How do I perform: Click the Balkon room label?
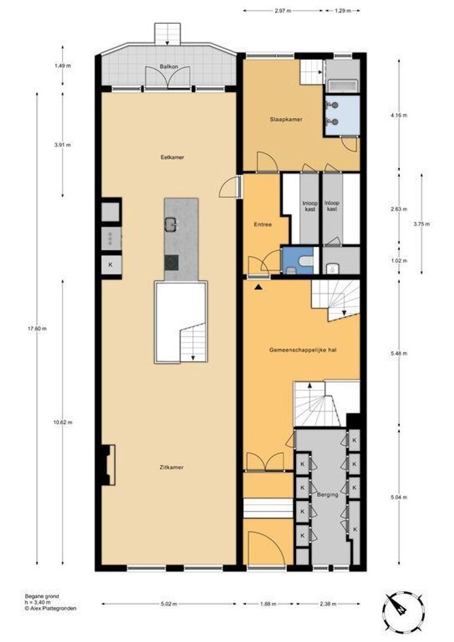pyautogui.click(x=168, y=67)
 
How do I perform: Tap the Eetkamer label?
pyautogui.click(x=172, y=157)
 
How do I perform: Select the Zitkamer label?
pyautogui.click(x=172, y=467)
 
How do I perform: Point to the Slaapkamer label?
pyautogui.click(x=286, y=119)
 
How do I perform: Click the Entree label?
pyautogui.click(x=263, y=224)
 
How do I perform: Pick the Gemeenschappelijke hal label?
pyautogui.click(x=303, y=350)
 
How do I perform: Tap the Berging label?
pyautogui.click(x=328, y=495)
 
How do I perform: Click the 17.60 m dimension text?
pyautogui.click(x=37, y=328)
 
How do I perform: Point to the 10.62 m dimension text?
pyautogui.click(x=62, y=422)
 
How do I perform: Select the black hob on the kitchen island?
pyautogui.click(x=172, y=262)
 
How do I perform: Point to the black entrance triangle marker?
pyautogui.click(x=258, y=288)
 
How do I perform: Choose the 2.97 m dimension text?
pyautogui.click(x=283, y=11)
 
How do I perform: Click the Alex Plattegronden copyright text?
pyautogui.click(x=51, y=609)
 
